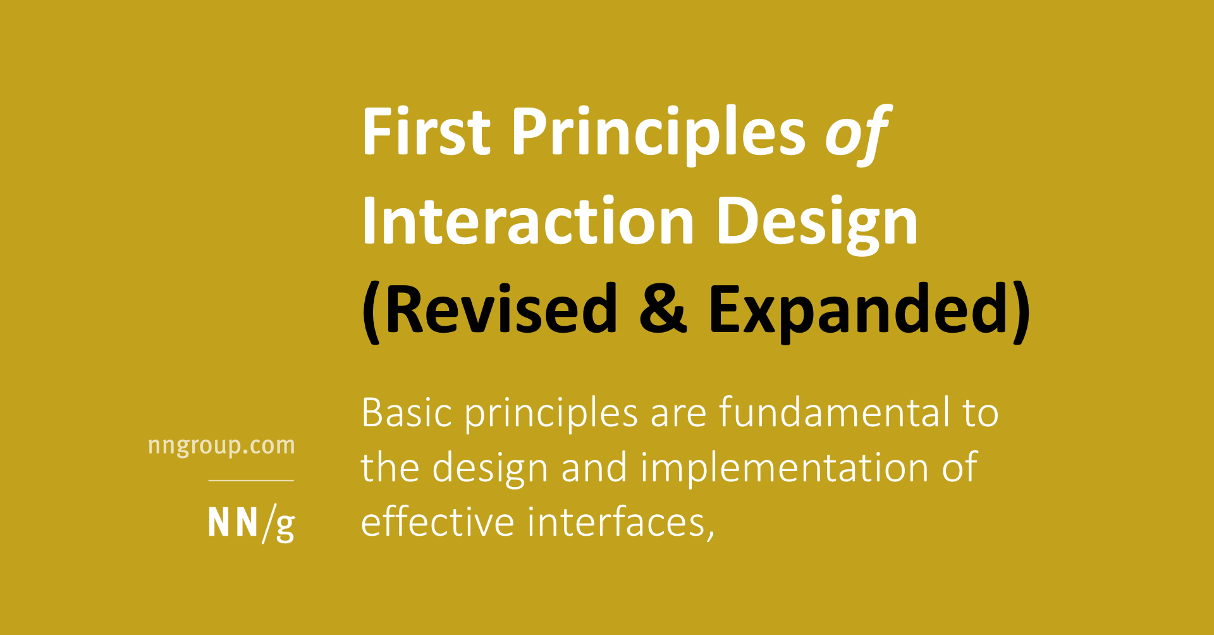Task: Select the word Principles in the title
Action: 658,133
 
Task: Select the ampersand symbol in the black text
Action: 662,310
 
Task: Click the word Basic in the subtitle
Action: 407,414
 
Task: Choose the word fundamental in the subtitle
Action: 834,414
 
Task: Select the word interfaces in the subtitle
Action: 616,523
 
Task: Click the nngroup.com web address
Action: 221,446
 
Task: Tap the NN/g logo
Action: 251,524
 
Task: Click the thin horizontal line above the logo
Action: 251,481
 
